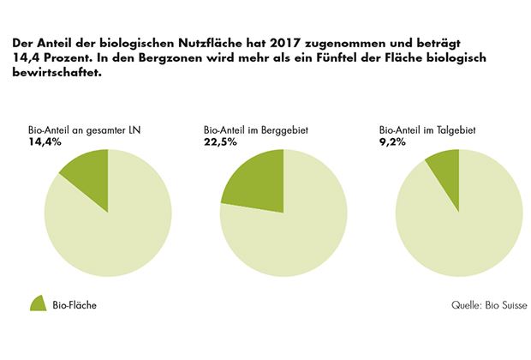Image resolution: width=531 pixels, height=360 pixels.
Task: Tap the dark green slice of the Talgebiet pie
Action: (x=446, y=170)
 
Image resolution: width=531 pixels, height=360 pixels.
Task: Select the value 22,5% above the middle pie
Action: (x=221, y=141)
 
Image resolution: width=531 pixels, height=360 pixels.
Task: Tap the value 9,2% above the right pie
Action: (x=391, y=141)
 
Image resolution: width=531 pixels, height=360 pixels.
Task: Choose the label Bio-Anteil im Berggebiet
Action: (x=256, y=130)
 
